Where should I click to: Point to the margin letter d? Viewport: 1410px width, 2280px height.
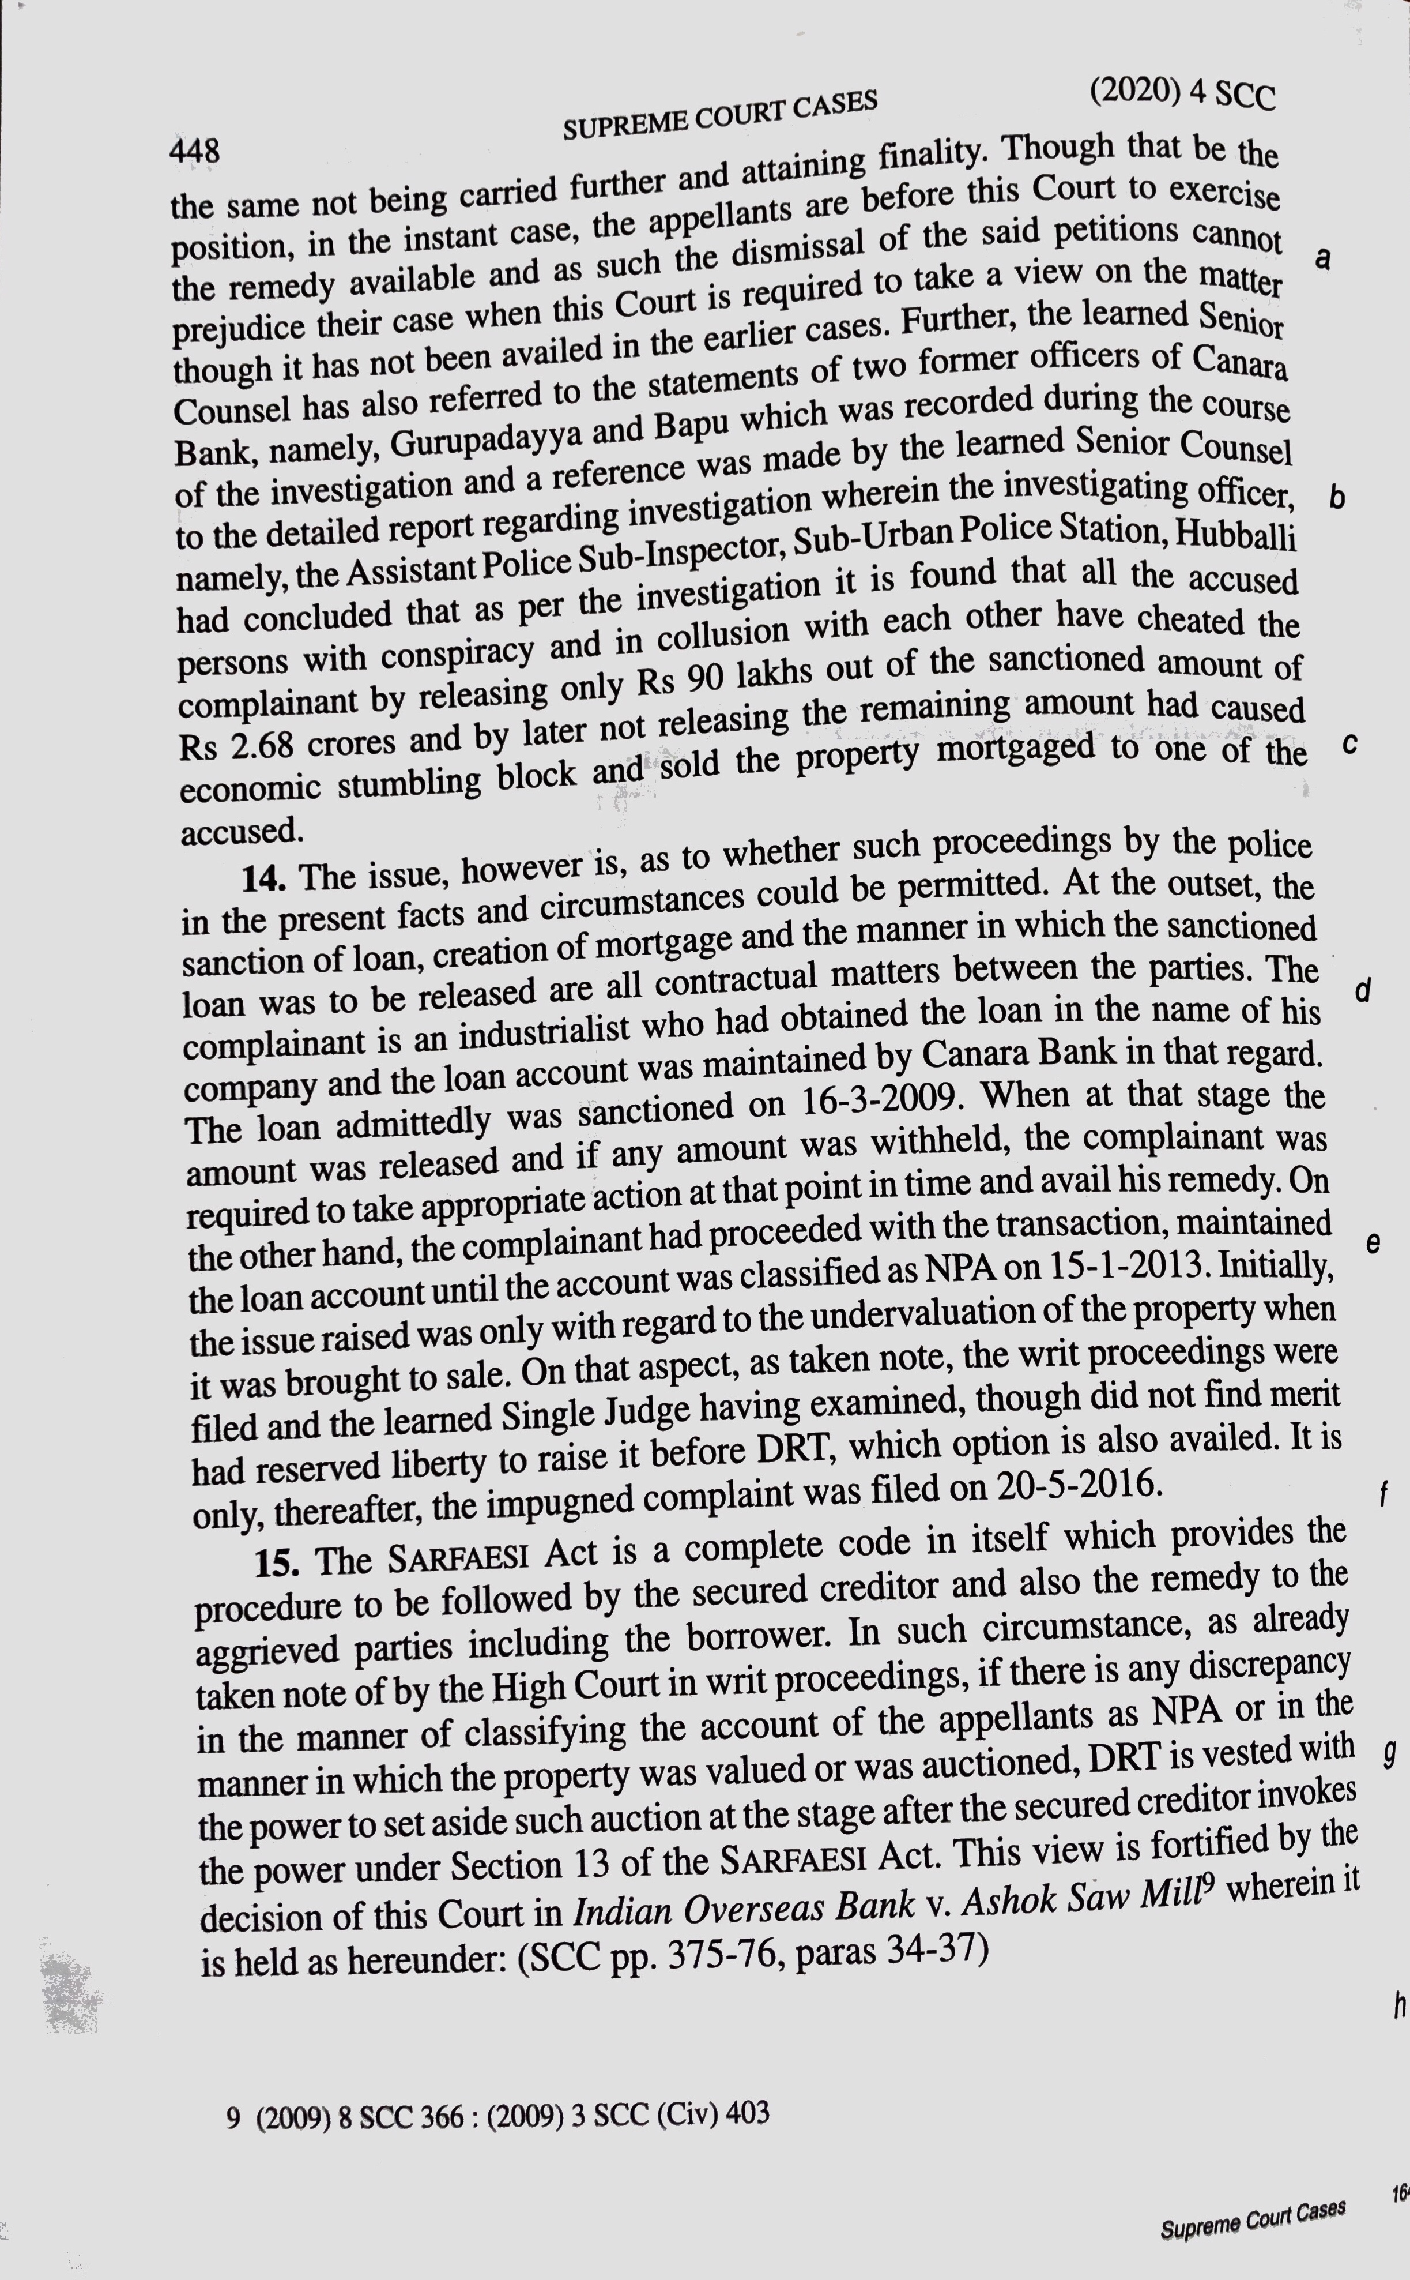click(x=1362, y=991)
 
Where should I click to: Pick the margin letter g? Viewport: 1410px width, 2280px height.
click(x=1389, y=1754)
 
